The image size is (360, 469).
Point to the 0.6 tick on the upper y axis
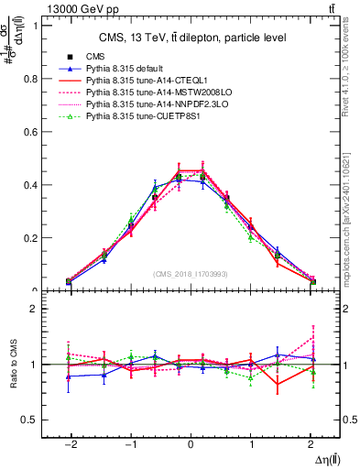(36, 132)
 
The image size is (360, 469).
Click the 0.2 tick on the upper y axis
(36, 238)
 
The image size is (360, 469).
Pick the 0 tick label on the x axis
(191, 442)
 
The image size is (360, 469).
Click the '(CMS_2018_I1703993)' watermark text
(191, 274)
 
